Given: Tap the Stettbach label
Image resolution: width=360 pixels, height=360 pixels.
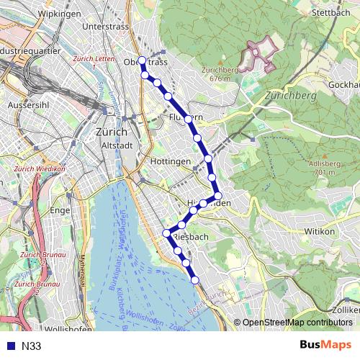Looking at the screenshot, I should coord(330,12).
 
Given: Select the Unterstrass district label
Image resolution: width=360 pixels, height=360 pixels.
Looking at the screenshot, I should coord(104,26).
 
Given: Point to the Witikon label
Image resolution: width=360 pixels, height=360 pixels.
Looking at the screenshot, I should coord(320,231).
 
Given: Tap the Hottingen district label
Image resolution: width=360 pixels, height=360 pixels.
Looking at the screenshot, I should coord(171,161).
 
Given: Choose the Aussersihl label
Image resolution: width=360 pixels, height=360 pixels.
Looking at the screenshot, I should coord(27,104).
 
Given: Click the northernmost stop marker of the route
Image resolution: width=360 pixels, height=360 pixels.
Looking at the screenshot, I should coord(142,60).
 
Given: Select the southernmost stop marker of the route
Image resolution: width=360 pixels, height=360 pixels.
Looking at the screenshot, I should coord(194,279).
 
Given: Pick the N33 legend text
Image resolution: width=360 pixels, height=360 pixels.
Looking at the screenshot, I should coord(32,346).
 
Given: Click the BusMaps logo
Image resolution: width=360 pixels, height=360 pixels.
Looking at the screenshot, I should coord(325,346).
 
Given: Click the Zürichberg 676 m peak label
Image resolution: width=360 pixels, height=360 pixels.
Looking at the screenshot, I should coord(220,74).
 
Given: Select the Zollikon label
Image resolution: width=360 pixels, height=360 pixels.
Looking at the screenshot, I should coord(347,309).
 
